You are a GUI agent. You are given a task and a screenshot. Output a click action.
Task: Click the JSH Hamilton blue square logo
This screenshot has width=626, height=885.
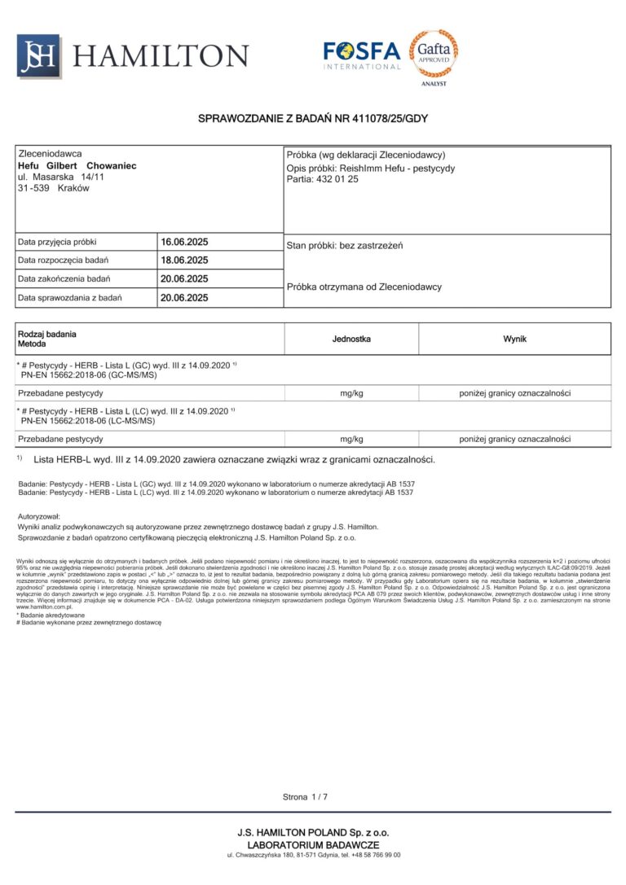38,56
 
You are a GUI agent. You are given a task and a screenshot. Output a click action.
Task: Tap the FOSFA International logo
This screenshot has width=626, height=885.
362,55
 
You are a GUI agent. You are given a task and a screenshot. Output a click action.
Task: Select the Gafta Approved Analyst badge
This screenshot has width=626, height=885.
433,55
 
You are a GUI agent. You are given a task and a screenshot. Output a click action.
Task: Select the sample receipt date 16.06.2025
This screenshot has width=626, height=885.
184,242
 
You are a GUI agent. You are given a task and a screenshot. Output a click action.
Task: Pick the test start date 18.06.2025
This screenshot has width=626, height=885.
184,261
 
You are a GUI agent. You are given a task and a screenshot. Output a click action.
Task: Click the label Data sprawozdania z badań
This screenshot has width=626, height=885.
70,298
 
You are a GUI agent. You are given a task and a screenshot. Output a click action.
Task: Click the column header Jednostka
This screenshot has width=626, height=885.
351,338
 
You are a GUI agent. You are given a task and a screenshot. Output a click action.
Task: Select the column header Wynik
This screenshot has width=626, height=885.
514,338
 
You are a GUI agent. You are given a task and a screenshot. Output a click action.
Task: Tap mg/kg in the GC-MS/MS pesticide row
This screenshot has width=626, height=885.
351,393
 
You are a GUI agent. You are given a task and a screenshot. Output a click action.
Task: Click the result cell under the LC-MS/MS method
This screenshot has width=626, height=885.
514,440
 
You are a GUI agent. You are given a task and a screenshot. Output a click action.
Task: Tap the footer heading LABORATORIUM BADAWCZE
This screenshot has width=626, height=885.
313,845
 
